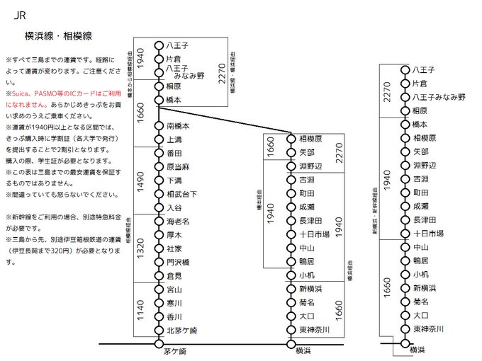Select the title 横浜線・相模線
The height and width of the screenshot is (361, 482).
tap(58, 35)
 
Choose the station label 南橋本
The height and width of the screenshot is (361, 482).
tap(179, 126)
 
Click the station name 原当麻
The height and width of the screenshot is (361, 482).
tap(179, 167)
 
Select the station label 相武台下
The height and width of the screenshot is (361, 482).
tap(182, 194)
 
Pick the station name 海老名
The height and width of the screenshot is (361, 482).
tap(179, 222)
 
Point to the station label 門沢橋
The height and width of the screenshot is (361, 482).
tap(179, 262)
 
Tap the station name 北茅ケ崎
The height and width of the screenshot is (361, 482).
tap(182, 331)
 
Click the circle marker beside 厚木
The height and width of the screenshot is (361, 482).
tap(159, 235)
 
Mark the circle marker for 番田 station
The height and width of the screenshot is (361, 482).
tap(159, 153)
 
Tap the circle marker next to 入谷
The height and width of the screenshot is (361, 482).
tap(159, 207)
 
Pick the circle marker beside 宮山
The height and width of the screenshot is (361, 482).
tap(159, 290)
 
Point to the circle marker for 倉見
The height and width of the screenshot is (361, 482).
tap(159, 275)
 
